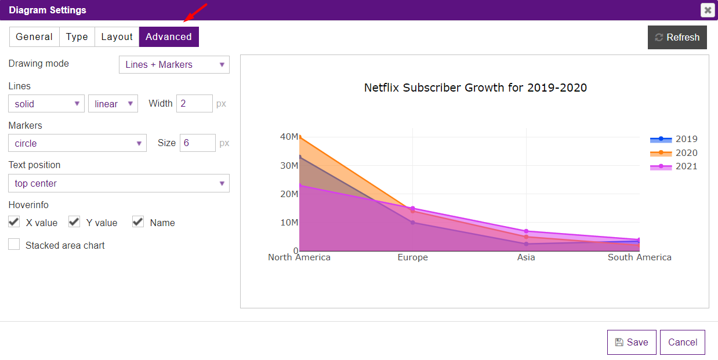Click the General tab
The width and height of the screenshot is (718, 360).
pos(34,37)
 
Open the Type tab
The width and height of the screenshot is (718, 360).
pos(77,37)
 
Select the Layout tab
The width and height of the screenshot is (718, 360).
pos(117,37)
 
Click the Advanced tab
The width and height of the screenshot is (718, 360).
pos(169,37)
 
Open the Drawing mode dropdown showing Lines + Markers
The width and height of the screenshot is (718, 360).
pos(174,64)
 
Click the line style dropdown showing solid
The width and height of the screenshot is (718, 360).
pos(46,104)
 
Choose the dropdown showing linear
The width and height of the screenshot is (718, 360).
pos(113,104)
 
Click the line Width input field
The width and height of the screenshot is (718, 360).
pos(194,104)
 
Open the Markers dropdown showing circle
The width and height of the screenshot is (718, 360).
pos(77,143)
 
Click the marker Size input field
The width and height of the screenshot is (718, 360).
pos(197,143)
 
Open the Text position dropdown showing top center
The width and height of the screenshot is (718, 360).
pos(119,183)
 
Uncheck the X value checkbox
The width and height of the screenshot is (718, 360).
pos(14,221)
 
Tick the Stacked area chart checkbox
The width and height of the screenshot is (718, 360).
pos(14,245)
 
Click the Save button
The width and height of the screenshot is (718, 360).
pos(631,342)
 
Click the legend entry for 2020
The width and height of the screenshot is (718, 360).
pos(674,153)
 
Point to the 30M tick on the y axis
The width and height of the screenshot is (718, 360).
pos(289,165)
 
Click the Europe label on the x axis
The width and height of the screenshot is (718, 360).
pos(412,257)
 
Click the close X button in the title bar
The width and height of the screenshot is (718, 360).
pos(707,10)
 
